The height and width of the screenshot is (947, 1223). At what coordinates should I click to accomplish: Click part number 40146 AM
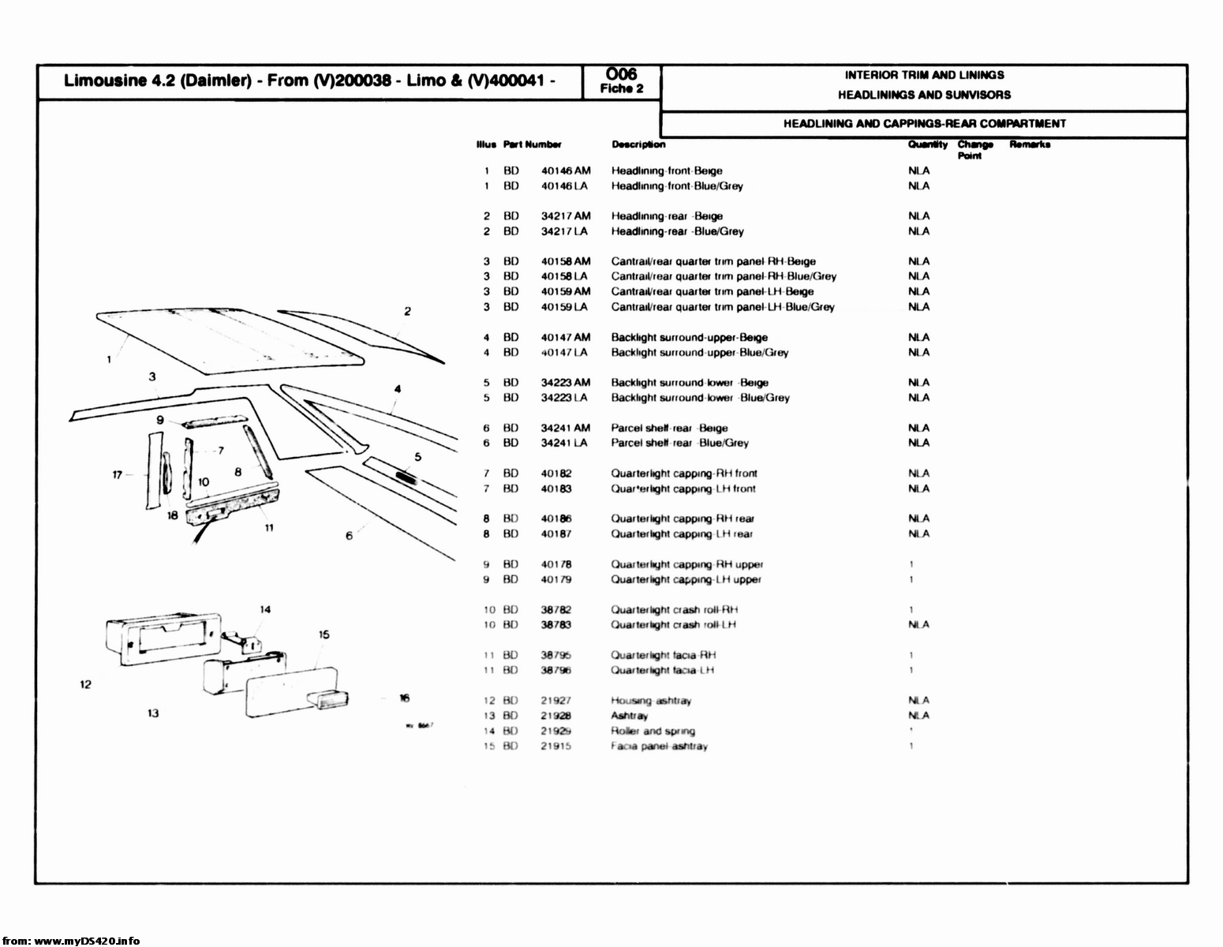pos(565,170)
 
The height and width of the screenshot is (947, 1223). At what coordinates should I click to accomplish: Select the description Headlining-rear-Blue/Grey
pos(677,231)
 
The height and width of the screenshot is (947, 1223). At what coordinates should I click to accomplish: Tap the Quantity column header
pos(927,144)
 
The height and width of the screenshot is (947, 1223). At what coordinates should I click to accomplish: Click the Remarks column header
pos(1030,144)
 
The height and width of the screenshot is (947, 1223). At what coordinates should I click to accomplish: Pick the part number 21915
pos(555,746)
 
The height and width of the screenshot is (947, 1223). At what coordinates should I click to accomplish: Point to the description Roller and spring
pos(653,731)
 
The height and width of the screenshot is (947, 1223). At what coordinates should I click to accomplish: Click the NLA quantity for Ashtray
pos(918,716)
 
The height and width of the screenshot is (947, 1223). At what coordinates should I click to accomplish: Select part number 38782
pos(555,609)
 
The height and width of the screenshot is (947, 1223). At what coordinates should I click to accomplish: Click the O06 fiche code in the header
pos(622,75)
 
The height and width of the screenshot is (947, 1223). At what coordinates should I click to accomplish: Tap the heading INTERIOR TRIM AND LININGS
pos(924,75)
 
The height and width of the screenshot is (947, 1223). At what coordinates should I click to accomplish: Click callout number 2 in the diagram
pos(407,311)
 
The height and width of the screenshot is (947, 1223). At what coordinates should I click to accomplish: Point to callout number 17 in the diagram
pos(118,474)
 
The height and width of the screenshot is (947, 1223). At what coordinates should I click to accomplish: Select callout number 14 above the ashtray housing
pos(265,608)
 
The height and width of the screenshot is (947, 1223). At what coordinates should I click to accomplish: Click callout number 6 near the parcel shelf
pos(349,537)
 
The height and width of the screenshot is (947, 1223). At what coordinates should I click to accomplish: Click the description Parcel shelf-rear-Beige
pos(669,428)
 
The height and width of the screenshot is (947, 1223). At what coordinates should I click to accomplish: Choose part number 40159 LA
pos(565,307)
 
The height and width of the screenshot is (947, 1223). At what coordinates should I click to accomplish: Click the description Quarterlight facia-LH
pos(663,670)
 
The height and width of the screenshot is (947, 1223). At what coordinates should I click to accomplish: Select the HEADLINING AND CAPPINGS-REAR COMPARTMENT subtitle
pos(924,124)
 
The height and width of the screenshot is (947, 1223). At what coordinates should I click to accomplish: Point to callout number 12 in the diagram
pos(85,684)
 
